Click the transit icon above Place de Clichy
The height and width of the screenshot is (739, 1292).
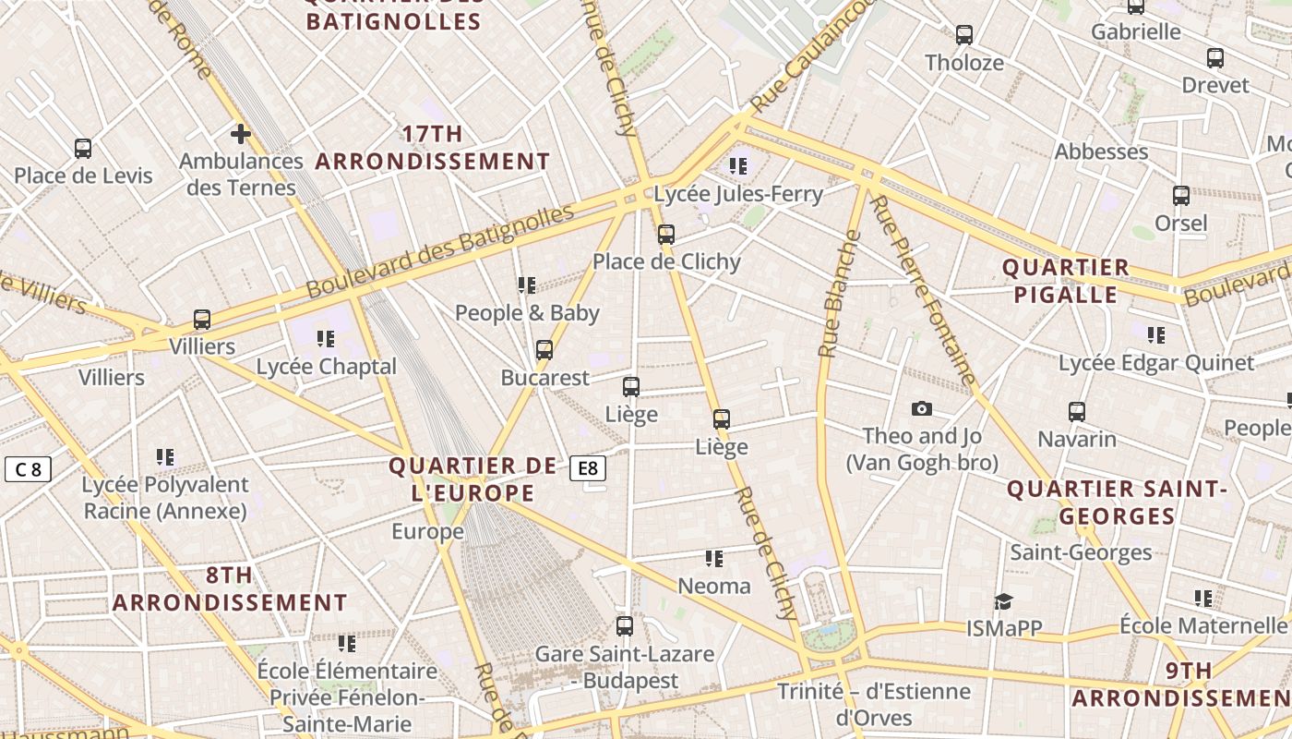click(x=666, y=235)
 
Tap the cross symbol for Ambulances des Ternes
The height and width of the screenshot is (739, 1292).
click(x=241, y=135)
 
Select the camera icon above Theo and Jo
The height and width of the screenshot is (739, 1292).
click(x=921, y=409)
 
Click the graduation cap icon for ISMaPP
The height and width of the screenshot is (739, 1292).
click(x=1003, y=602)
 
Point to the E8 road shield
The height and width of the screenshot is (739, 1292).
click(x=588, y=469)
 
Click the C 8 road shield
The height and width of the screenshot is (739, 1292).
click(x=28, y=469)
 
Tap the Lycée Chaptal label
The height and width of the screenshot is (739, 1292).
click(x=326, y=367)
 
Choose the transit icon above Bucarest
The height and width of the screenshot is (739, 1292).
click(x=544, y=350)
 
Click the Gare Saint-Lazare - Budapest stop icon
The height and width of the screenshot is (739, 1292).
click(x=625, y=626)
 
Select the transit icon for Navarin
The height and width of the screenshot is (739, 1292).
click(x=1077, y=412)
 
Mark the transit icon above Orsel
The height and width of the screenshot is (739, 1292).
click(x=1181, y=196)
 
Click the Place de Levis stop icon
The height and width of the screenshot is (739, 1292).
click(x=83, y=149)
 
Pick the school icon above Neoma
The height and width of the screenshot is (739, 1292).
click(x=713, y=559)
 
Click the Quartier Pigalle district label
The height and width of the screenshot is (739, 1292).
click(x=1065, y=281)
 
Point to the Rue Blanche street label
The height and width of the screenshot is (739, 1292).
click(x=839, y=294)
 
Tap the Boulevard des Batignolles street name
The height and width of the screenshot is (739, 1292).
click(x=439, y=251)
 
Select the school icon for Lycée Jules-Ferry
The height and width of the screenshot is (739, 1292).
click(x=737, y=166)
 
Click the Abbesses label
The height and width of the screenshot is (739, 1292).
click(x=1101, y=151)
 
